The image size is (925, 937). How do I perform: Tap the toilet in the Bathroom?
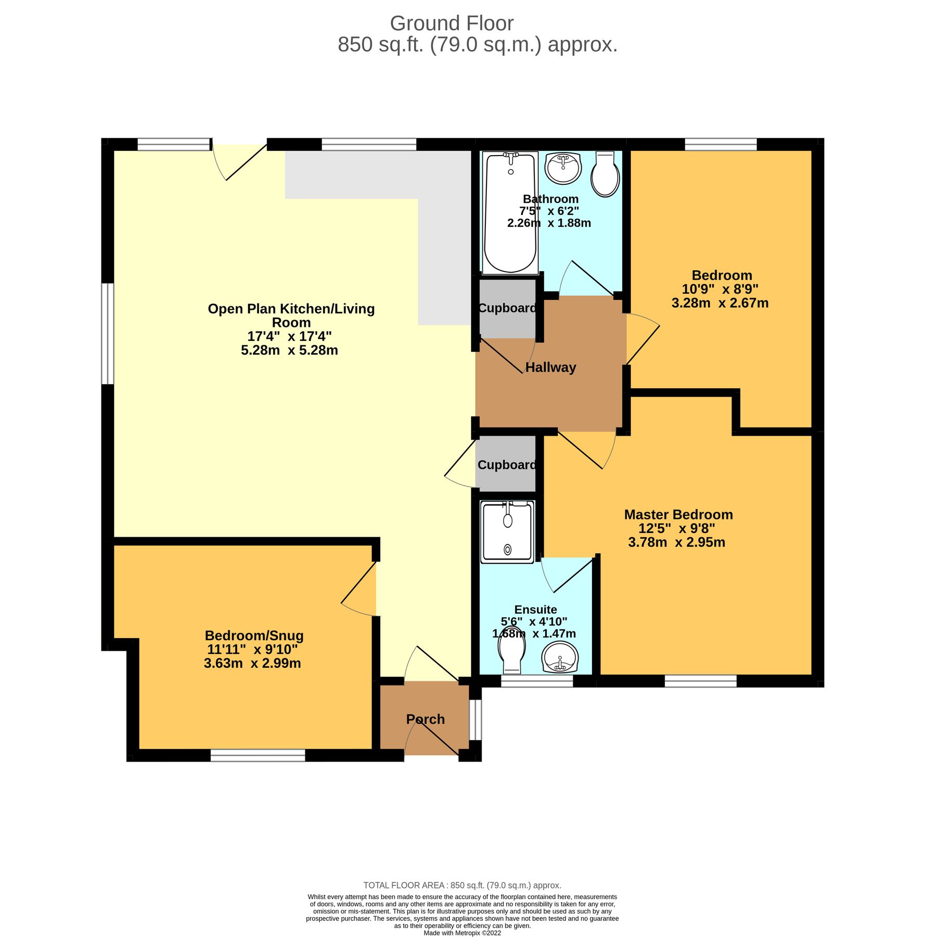pos(605,174)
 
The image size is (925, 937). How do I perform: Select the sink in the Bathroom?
pos(562,168)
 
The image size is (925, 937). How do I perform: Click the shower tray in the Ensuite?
pos(507,531)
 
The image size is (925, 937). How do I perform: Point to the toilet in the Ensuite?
pos(511,654)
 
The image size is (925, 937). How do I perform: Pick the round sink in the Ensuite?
pos(560,657)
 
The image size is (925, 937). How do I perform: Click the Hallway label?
pos(550,368)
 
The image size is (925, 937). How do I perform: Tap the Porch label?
pos(425,719)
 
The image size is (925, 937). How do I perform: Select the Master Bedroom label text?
pos(678,515)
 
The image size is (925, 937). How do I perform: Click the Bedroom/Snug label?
pos(254,636)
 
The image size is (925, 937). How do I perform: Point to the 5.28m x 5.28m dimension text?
pos(289,350)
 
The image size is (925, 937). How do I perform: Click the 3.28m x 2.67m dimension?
pos(720,303)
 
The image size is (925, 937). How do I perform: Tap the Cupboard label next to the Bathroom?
pos(507,308)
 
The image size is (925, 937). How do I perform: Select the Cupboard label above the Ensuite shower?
pos(507,465)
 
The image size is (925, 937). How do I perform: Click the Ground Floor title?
pos(452,23)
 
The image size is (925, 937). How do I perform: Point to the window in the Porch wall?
pos(475,719)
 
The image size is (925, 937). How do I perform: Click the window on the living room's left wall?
pos(108,334)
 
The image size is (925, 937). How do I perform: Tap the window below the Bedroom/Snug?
pos(258,755)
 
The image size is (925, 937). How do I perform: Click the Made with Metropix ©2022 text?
pos(462,933)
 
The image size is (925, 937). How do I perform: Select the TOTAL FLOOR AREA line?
pos(462,885)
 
